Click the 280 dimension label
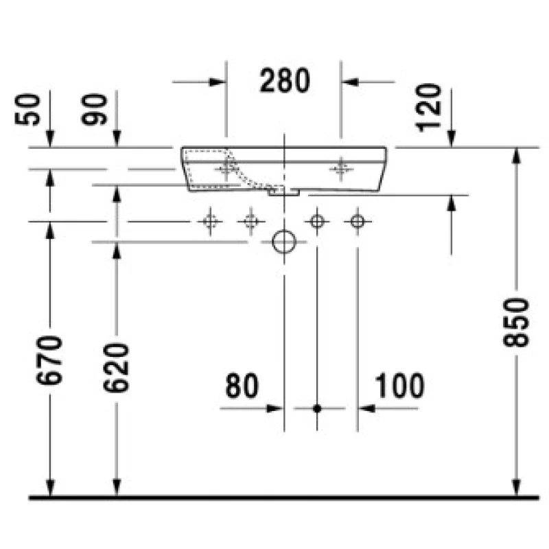tap(285, 81)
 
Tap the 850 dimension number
tap(516, 323)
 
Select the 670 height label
tap(49, 360)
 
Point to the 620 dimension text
tap(116, 368)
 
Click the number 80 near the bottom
tap(242, 386)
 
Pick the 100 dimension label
tap(399, 386)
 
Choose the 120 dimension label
tap(428, 108)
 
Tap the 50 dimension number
tap(27, 109)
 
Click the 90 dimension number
tap(94, 109)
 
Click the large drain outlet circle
tap(284, 242)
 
